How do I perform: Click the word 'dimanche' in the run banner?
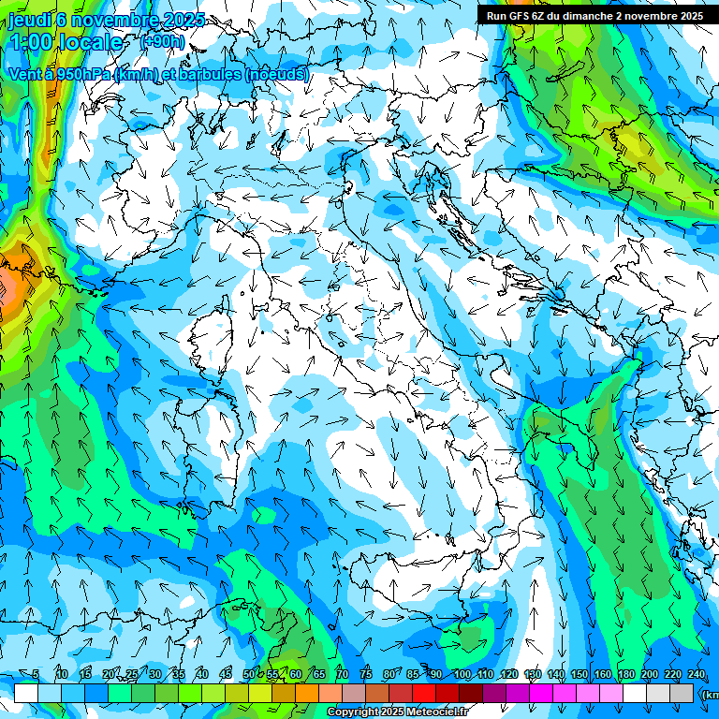592,16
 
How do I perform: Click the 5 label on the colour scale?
36,674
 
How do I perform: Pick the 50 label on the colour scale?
249,674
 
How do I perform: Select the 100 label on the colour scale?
462,674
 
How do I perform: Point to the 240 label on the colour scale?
697,674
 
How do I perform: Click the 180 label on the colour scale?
626,674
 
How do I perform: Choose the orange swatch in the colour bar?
307,693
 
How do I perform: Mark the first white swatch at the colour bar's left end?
26,693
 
